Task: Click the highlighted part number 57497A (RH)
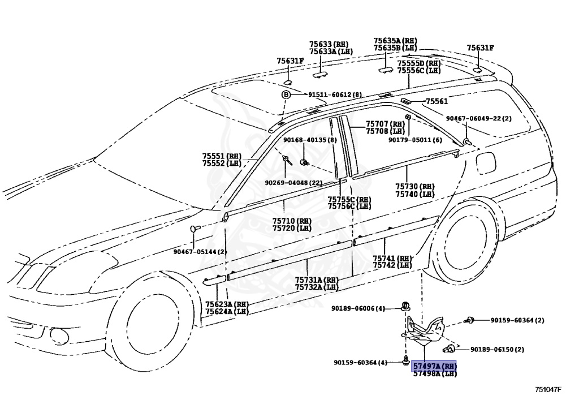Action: click(x=434, y=367)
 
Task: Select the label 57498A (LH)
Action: click(x=434, y=374)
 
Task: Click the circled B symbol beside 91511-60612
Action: click(x=286, y=94)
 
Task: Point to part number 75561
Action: click(x=437, y=101)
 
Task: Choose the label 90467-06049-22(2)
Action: click(x=478, y=118)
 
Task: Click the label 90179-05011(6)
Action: click(x=415, y=140)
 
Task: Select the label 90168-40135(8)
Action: click(x=310, y=140)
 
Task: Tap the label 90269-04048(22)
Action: click(x=293, y=183)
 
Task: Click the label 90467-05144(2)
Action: click(x=200, y=251)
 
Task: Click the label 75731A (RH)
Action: click(x=316, y=279)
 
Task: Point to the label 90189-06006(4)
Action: click(x=358, y=308)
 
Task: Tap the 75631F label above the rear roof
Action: click(x=480, y=48)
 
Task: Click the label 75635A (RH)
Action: click(x=395, y=41)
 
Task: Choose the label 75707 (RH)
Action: click(x=384, y=124)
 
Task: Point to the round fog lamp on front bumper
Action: click(x=58, y=336)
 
